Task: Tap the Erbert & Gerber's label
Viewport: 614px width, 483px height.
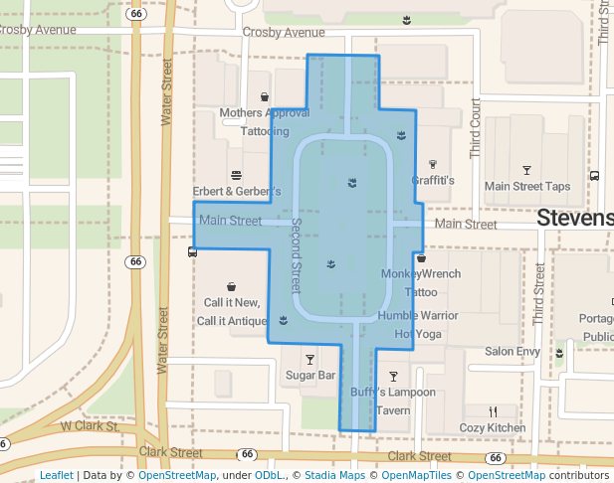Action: pyautogui.click(x=237, y=191)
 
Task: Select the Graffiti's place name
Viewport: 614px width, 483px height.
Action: pyautogui.click(x=433, y=181)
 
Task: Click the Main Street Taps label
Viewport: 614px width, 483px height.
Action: pyautogui.click(x=526, y=186)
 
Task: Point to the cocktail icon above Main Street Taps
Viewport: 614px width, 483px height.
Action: pyautogui.click(x=526, y=169)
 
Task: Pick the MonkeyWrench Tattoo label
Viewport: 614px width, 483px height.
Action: pyautogui.click(x=421, y=282)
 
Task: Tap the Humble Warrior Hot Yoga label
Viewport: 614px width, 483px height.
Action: pyautogui.click(x=418, y=325)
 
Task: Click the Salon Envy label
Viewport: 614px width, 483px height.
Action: pyautogui.click(x=512, y=352)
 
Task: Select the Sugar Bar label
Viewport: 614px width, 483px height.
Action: pyautogui.click(x=310, y=376)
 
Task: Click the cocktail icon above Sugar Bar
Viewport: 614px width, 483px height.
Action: pyautogui.click(x=309, y=359)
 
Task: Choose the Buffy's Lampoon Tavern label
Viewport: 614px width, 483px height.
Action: pyautogui.click(x=393, y=401)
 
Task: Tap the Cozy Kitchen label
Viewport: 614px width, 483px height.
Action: pyautogui.click(x=492, y=428)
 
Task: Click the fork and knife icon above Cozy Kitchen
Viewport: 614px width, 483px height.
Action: pyautogui.click(x=493, y=411)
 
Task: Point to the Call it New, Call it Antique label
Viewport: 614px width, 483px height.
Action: pyautogui.click(x=231, y=311)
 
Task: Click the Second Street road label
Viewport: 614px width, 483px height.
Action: pyautogui.click(x=296, y=256)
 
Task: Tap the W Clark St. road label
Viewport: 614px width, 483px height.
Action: pyautogui.click(x=90, y=426)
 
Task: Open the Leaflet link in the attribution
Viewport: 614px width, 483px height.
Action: pyautogui.click(x=56, y=475)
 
